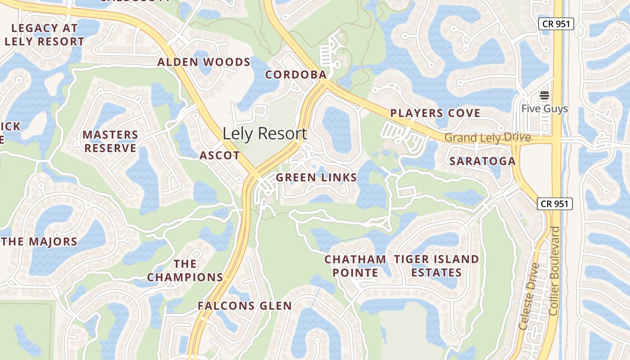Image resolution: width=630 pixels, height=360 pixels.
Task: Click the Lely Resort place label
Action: (x=265, y=134)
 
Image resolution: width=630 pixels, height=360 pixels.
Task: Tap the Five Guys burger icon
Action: (x=544, y=95)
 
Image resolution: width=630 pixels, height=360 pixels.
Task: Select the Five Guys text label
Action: (x=544, y=108)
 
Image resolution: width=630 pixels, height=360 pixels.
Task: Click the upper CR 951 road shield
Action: (x=556, y=24)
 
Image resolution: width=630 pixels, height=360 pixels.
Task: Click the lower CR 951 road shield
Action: (x=555, y=203)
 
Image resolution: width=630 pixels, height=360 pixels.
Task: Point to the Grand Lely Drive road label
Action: (x=488, y=138)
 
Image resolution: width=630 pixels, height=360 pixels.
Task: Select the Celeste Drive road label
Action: (x=528, y=297)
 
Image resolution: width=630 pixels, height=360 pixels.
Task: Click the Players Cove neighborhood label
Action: (x=435, y=113)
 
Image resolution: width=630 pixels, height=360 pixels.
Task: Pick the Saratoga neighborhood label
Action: (x=482, y=161)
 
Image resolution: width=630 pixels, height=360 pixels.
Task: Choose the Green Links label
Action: (x=316, y=178)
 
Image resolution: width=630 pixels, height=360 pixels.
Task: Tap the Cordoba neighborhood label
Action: (x=296, y=75)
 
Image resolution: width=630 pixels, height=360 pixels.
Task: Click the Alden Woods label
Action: (x=203, y=62)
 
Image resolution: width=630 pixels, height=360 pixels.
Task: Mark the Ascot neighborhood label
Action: (x=220, y=156)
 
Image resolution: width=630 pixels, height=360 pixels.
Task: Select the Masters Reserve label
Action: (x=110, y=141)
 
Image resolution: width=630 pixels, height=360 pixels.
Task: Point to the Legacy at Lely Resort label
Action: (x=44, y=35)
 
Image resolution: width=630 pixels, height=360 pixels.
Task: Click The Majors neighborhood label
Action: (x=39, y=242)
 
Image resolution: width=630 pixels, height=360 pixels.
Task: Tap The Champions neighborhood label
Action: (x=185, y=270)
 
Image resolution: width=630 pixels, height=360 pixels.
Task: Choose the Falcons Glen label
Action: (x=244, y=306)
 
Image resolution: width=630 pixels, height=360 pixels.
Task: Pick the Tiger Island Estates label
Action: (x=436, y=265)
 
